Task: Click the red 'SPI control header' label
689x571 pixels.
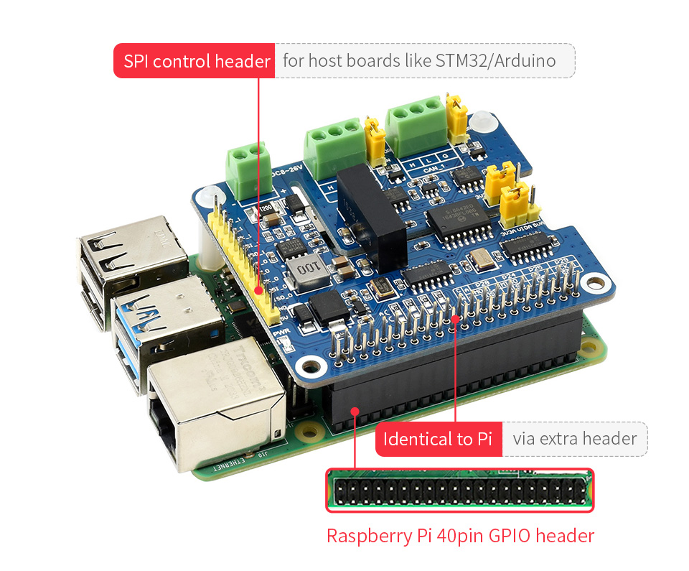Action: tap(194, 61)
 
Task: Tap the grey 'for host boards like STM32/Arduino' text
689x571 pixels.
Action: tap(419, 61)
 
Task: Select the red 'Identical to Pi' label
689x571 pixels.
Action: tap(438, 439)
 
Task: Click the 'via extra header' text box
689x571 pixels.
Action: tap(574, 439)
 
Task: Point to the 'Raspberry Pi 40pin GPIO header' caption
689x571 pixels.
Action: tap(460, 536)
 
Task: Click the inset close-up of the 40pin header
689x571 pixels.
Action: tap(460, 491)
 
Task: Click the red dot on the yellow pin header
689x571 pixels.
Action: tap(258, 292)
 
